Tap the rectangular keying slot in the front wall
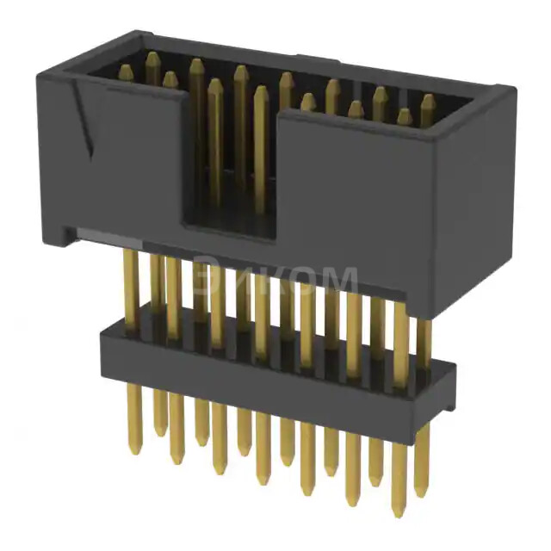pyautogui.click(x=228, y=185)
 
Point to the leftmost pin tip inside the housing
pyautogui.click(x=126, y=72)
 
